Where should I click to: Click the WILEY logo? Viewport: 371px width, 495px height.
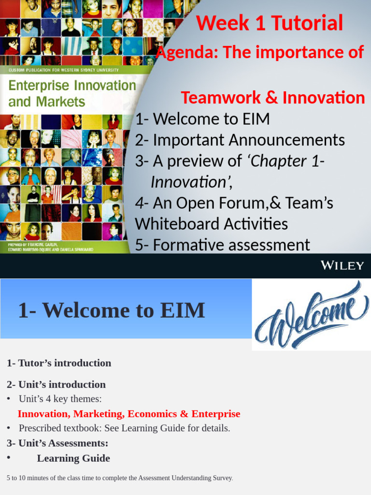tap(342, 265)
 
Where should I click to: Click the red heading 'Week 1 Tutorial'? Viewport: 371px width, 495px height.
tap(270, 23)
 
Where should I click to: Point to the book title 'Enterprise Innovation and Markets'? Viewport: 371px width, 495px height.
tap(72, 93)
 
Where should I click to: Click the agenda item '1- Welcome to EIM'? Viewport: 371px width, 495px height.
tap(202, 119)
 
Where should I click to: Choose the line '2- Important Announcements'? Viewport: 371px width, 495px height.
tap(240, 140)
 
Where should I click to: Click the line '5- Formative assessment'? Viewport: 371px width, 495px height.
tap(223, 245)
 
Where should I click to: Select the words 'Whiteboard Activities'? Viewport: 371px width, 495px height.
tap(211, 224)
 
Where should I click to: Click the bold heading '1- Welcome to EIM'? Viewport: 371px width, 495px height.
tap(111, 310)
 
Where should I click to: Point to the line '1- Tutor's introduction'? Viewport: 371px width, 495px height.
tap(59, 363)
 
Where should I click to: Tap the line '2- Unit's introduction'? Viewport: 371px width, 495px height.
tap(56, 385)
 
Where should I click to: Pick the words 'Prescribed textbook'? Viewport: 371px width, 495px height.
tap(51, 428)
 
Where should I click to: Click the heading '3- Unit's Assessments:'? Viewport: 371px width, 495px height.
tap(57, 443)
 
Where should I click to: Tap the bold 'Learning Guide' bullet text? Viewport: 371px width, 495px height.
tap(73, 458)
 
